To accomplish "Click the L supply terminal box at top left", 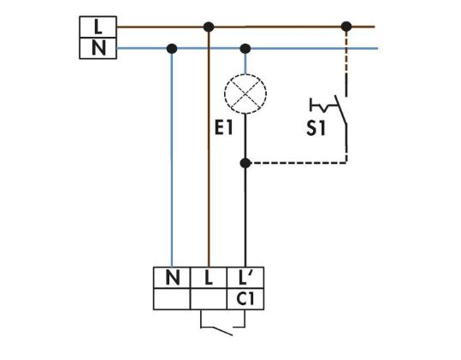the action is [x=98, y=27].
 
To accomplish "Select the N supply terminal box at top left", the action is [x=98, y=48].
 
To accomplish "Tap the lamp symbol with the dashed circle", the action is [x=245, y=93].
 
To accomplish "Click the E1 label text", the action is [x=224, y=127].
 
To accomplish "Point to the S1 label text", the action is [x=316, y=128].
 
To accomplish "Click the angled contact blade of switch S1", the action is [x=340, y=109].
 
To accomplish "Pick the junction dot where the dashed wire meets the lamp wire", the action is [x=245, y=162].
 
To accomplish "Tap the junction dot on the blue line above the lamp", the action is [x=245, y=49].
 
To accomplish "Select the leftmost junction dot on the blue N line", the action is [x=172, y=49].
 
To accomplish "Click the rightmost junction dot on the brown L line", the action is [x=346, y=27].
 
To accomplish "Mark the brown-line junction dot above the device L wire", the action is [x=209, y=27].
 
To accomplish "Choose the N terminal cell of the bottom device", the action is [x=172, y=278].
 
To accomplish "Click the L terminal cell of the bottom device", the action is [x=209, y=278].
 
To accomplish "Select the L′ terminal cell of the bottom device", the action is [x=245, y=278].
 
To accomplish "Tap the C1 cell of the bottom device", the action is [x=245, y=299].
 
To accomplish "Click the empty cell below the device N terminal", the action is [x=172, y=299].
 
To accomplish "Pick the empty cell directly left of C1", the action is [x=209, y=299].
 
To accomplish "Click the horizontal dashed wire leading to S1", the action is [x=296, y=162].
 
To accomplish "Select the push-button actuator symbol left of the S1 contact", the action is [x=322, y=105].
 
